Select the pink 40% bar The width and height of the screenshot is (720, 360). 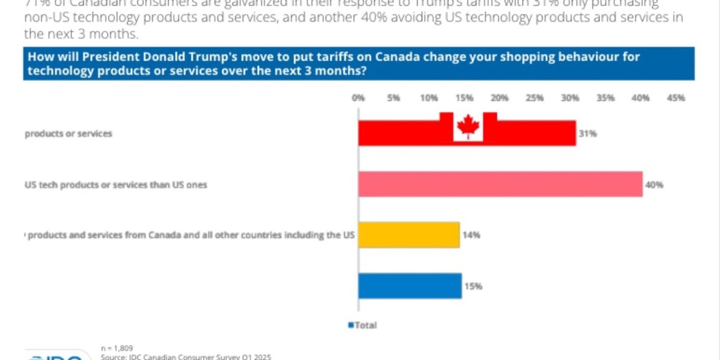coord(500,184)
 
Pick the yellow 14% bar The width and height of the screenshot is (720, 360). coord(409,235)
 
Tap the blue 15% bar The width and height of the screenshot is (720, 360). coord(410,286)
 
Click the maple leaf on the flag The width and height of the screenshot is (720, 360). coord(468,127)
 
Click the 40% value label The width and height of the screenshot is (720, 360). coord(655,184)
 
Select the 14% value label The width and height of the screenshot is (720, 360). coord(471,235)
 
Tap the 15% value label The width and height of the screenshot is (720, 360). coord(473,286)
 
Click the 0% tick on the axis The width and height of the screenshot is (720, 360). coord(358,98)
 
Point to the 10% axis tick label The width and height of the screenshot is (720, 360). coord(429,98)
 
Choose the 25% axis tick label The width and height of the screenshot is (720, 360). coord(534,98)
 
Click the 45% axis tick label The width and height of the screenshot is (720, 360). coord(676,98)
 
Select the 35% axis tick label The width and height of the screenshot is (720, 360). coord(605,98)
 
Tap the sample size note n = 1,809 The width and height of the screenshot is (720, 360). coord(117,348)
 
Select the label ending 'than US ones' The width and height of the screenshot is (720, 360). coord(116,184)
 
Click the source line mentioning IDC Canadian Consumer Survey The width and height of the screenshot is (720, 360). coord(186,357)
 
